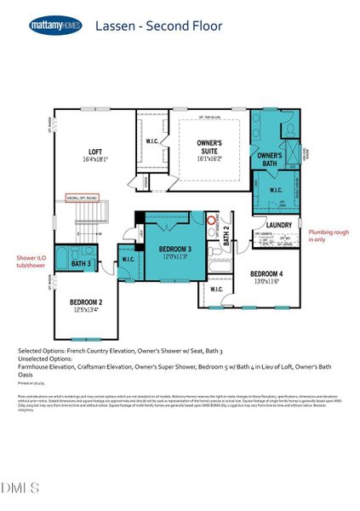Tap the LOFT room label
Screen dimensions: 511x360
point(95,152)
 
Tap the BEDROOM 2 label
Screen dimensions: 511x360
point(86,302)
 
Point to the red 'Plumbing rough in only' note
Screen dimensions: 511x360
point(329,235)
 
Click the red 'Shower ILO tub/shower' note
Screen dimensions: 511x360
point(30,261)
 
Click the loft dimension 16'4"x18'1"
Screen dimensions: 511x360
point(95,160)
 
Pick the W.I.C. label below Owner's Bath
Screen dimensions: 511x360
point(275,190)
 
